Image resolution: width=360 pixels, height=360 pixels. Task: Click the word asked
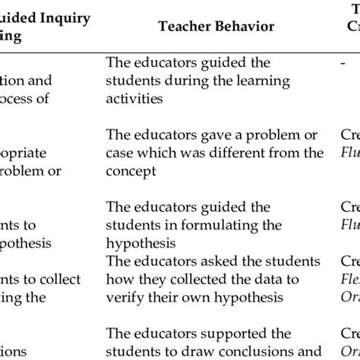(x=201, y=261)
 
